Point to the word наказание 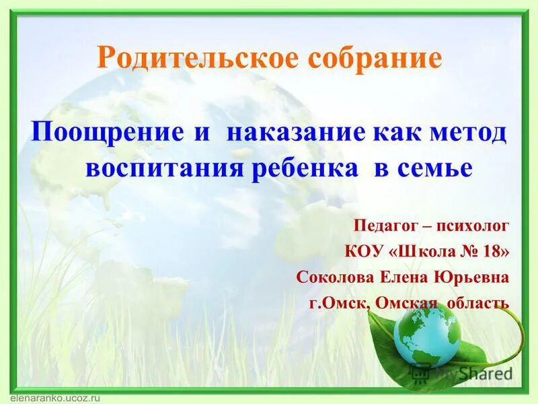296,131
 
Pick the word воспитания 164,168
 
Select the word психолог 474,225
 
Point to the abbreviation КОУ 364,251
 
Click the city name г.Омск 338,304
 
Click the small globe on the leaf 425,335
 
